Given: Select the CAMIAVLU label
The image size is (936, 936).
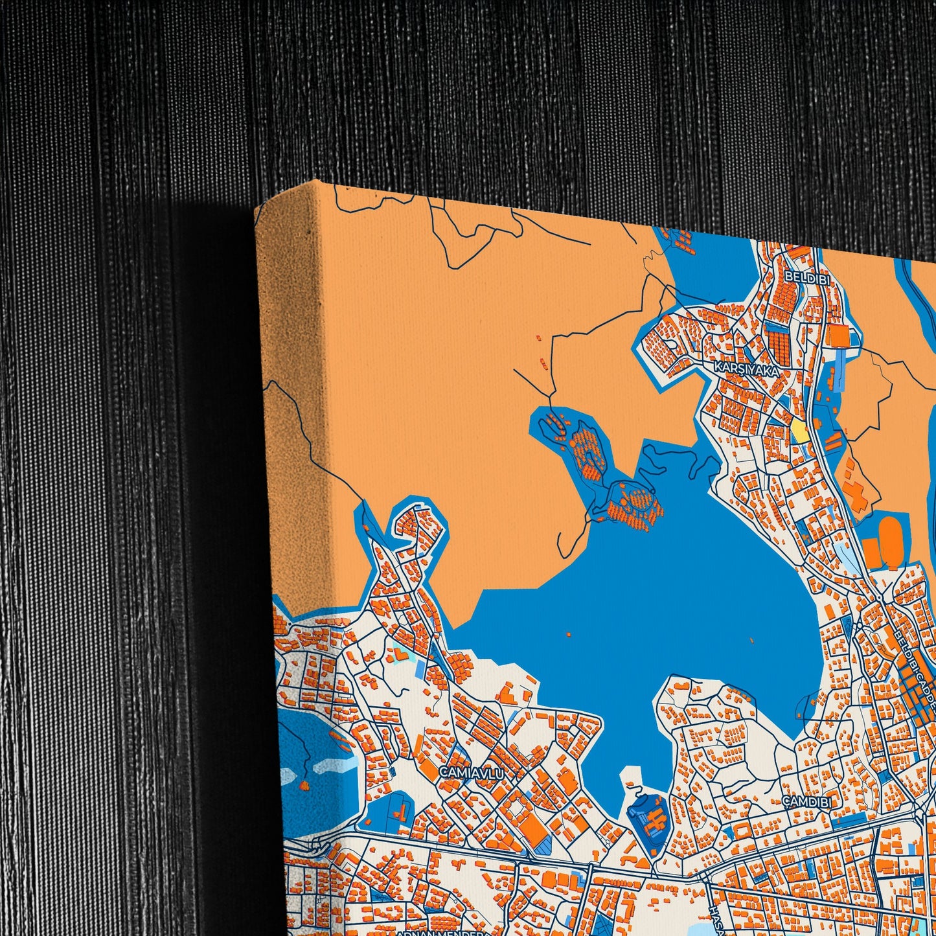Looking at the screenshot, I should pyautogui.click(x=471, y=772).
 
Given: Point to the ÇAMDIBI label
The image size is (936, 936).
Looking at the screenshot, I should pyautogui.click(x=806, y=802).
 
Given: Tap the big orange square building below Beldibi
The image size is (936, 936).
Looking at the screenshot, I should pyautogui.click(x=839, y=336).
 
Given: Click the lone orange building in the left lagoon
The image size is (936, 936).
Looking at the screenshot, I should pyautogui.click(x=304, y=786).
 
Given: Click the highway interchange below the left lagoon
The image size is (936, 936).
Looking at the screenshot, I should pyautogui.click(x=317, y=844).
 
